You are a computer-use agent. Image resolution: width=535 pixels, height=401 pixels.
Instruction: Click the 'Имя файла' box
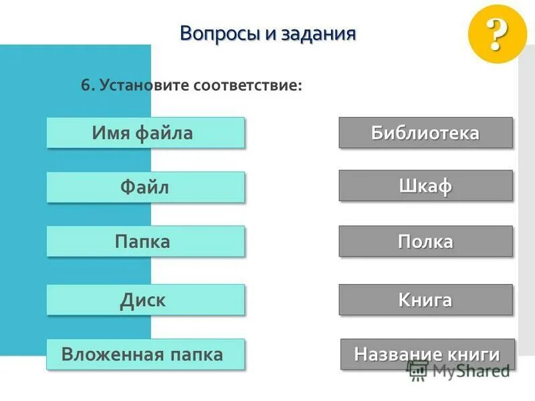(145, 133)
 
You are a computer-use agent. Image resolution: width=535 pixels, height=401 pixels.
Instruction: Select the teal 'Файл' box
(145, 187)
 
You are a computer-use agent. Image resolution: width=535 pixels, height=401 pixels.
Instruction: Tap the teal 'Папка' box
(145, 241)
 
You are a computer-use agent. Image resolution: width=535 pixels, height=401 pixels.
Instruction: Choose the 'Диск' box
(145, 299)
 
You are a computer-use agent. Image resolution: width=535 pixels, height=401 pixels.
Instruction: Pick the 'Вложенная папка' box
(145, 354)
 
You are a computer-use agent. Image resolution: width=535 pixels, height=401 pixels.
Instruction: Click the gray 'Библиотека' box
(425, 132)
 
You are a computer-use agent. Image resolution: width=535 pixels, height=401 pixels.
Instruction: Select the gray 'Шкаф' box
(425, 186)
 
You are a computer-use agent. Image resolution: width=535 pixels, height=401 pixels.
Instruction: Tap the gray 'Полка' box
(425, 241)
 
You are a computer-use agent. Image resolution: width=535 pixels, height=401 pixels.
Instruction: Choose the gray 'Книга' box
(425, 299)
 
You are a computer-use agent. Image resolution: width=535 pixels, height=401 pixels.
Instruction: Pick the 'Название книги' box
(427, 354)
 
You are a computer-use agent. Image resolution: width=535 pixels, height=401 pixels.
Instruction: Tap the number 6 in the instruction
(85, 86)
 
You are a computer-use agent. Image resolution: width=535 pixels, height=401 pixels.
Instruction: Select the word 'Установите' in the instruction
(144, 86)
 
